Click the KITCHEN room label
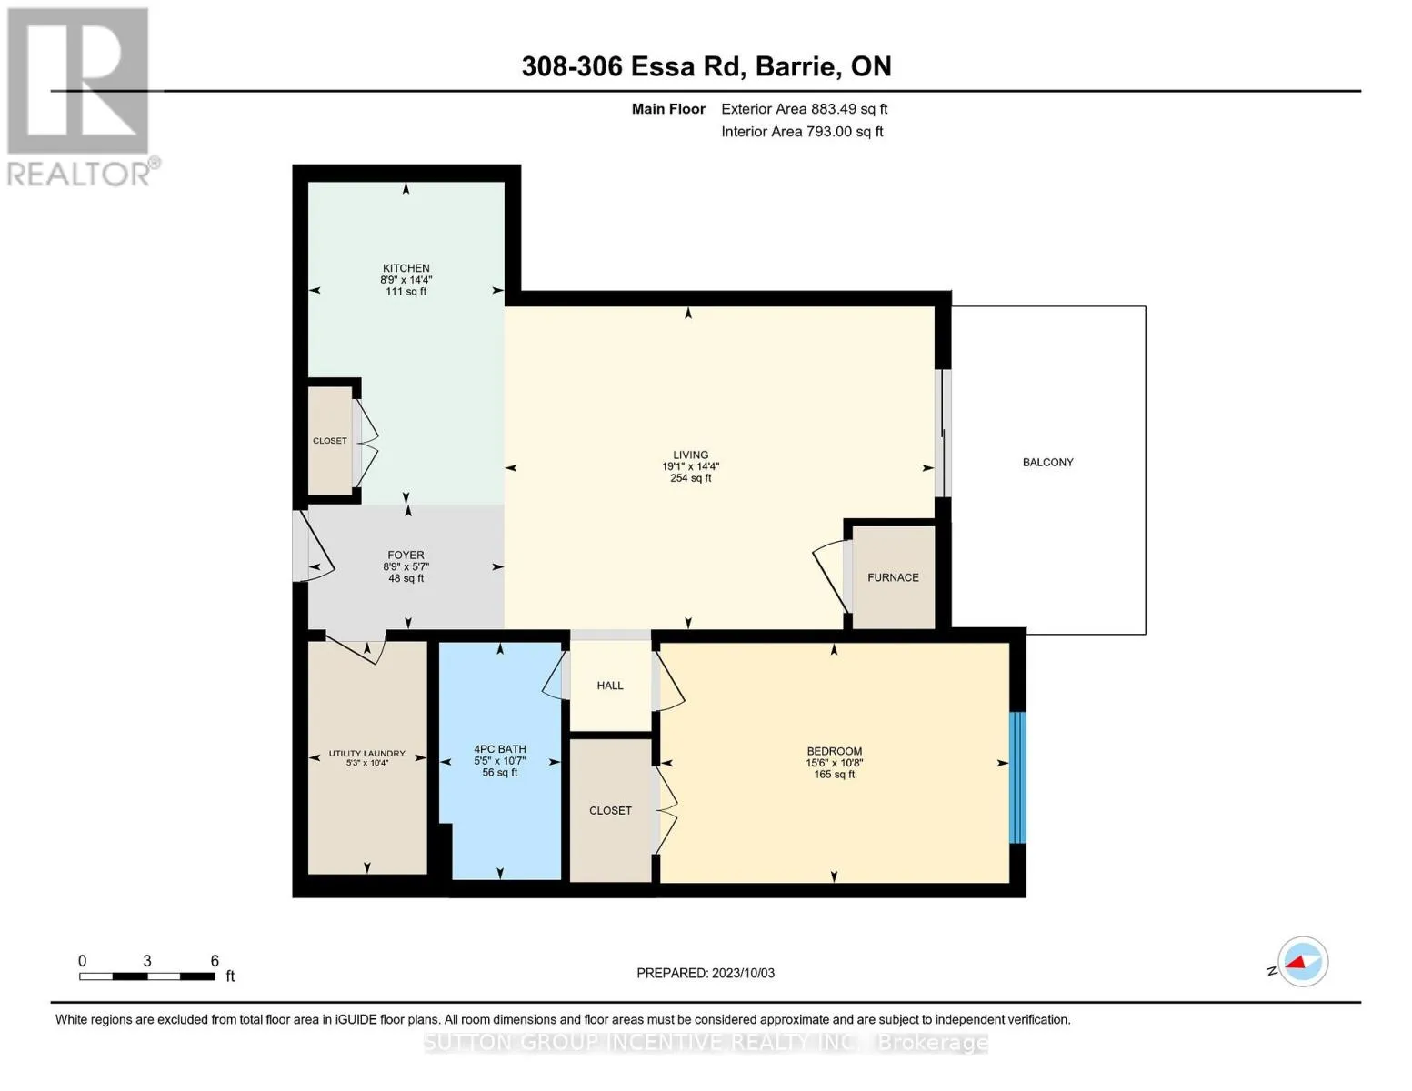tap(406, 268)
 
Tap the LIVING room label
tap(690, 455)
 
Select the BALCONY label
tap(1047, 463)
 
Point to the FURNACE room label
tap(893, 577)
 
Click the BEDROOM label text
tap(835, 751)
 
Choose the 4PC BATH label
tap(500, 749)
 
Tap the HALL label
tap(609, 686)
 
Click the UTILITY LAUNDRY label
tap(366, 754)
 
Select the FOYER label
tap(406, 555)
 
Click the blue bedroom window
tap(1017, 778)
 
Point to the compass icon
tap(1302, 962)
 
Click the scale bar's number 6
tap(215, 961)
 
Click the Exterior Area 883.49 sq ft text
tap(805, 109)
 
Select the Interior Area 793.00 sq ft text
tap(803, 132)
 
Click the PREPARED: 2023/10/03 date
tap(706, 974)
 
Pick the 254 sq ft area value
tap(690, 478)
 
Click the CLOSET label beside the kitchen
tap(329, 441)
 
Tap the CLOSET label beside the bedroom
tap(609, 811)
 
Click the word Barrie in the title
tap(796, 67)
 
